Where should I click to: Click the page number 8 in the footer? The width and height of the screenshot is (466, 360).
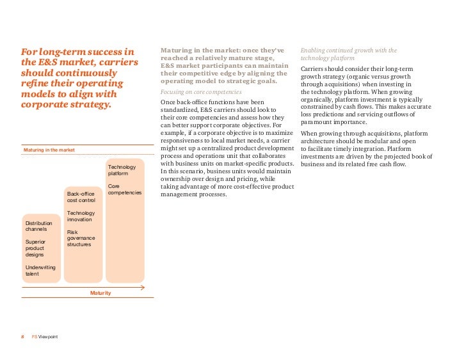tap(22, 337)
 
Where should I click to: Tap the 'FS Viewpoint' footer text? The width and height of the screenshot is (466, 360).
tap(45, 337)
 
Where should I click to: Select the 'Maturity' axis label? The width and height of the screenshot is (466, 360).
tap(100, 293)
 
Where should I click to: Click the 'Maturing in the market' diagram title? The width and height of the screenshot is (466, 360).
tap(49, 150)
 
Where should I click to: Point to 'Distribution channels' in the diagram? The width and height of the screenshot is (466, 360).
tap(39, 226)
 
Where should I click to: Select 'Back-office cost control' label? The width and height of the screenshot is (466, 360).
tap(81, 197)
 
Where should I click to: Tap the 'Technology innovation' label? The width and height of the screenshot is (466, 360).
tap(81, 216)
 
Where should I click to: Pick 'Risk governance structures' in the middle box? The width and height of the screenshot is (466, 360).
tap(81, 238)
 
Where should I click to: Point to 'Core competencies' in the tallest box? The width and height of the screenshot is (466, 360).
tap(125, 189)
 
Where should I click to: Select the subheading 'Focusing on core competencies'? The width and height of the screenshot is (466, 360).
tap(201, 92)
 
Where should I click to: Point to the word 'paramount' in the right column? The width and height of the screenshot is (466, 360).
tap(315, 122)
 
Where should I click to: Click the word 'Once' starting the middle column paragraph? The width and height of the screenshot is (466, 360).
tap(168, 102)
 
